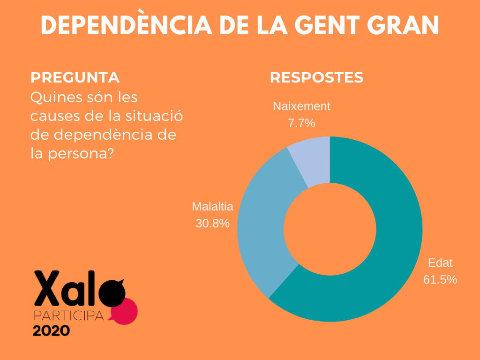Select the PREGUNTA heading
pyautogui.click(x=75, y=77)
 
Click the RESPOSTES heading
pyautogui.click(x=316, y=77)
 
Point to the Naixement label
pyautogui.click(x=301, y=106)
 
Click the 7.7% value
pyautogui.click(x=301, y=124)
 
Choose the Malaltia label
pyautogui.click(x=212, y=207)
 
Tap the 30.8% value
pyautogui.click(x=212, y=224)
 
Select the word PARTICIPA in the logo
pyautogui.click(x=68, y=315)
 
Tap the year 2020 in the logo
pyautogui.click(x=51, y=330)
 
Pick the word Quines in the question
pyautogui.click(x=51, y=98)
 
